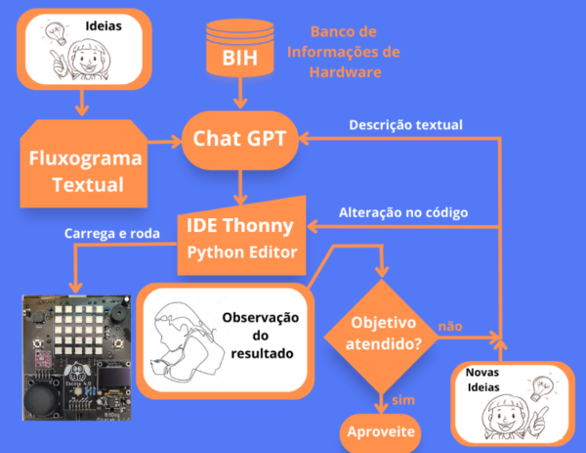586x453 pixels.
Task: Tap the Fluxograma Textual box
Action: (x=83, y=167)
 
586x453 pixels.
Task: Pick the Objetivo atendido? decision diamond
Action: (x=377, y=333)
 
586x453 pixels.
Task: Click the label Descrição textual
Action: (x=405, y=124)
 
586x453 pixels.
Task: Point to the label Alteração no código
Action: (x=402, y=211)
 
